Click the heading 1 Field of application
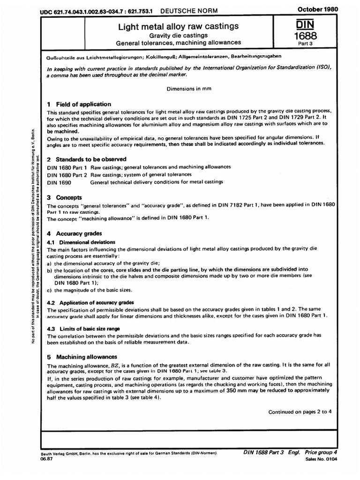tap(79, 105)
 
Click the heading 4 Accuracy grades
tap(75, 233)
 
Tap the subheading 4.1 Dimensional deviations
tap(82, 242)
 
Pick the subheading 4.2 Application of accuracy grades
tap(90, 302)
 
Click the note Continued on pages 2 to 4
tap(300, 412)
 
